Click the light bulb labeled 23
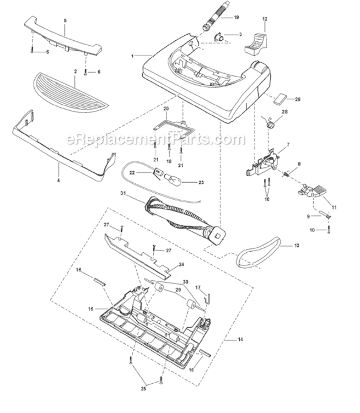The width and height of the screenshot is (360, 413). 173,182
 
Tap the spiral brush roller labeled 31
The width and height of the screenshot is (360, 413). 185,220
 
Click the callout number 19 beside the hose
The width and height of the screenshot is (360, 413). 236,18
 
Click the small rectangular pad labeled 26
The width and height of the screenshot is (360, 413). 281,98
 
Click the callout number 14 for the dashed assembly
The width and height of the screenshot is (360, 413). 240,339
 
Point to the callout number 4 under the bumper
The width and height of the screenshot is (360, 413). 58,181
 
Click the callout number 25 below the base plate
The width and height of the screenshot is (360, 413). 143,389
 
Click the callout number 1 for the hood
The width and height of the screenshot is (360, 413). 133,56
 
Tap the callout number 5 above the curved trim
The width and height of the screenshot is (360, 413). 65,20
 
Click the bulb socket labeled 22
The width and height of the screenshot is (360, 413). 158,172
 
